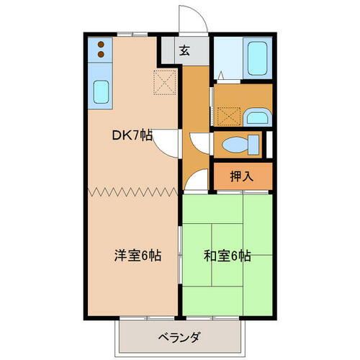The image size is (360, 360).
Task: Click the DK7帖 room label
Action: point(131,134)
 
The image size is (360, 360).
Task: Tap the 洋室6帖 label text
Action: point(137,256)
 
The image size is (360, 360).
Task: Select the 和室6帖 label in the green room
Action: point(227,256)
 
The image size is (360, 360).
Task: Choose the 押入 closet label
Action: point(242,175)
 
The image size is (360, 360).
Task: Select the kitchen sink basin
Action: point(101,92)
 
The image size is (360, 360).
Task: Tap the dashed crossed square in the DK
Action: point(165,83)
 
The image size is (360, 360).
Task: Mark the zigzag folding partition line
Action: point(132,191)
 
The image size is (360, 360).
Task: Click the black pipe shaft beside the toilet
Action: point(269,144)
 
